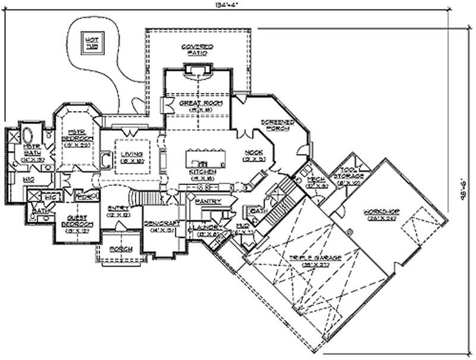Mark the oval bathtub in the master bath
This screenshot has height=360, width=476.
pyautogui.click(x=28, y=132)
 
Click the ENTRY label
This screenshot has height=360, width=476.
pyautogui.click(x=115, y=208)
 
